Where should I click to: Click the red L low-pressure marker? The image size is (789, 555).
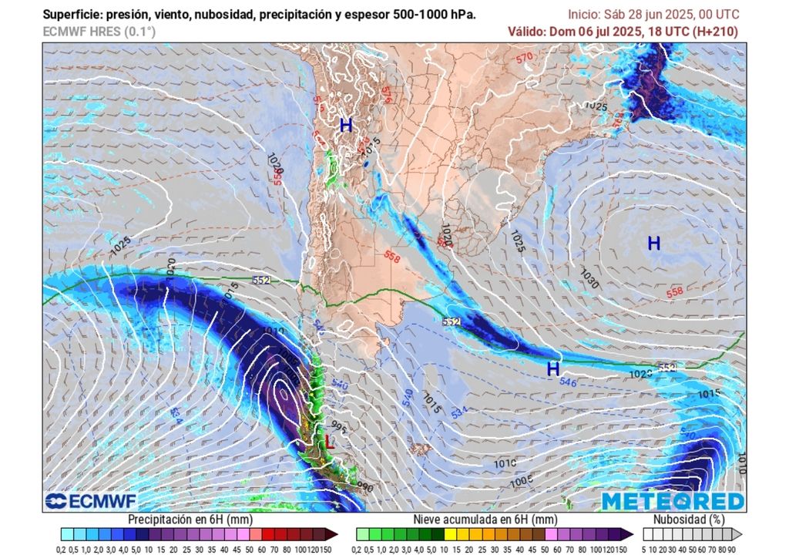click(x=330, y=442)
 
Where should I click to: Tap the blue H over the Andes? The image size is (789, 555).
click(x=346, y=125)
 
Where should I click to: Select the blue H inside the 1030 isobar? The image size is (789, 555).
click(x=653, y=244)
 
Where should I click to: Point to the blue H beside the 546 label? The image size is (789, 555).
click(x=552, y=369)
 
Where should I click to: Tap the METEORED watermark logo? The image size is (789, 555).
click(x=673, y=501)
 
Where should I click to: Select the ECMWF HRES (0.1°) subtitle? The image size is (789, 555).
click(x=99, y=32)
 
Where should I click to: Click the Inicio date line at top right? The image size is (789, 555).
click(x=653, y=15)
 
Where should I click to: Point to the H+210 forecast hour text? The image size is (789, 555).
click(x=714, y=32)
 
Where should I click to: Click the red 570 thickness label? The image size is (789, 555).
click(x=525, y=58)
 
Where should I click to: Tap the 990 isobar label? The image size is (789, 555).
click(x=365, y=487)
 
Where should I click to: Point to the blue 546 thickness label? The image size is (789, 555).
click(x=568, y=382)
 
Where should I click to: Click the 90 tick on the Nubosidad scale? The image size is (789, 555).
click(x=731, y=548)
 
